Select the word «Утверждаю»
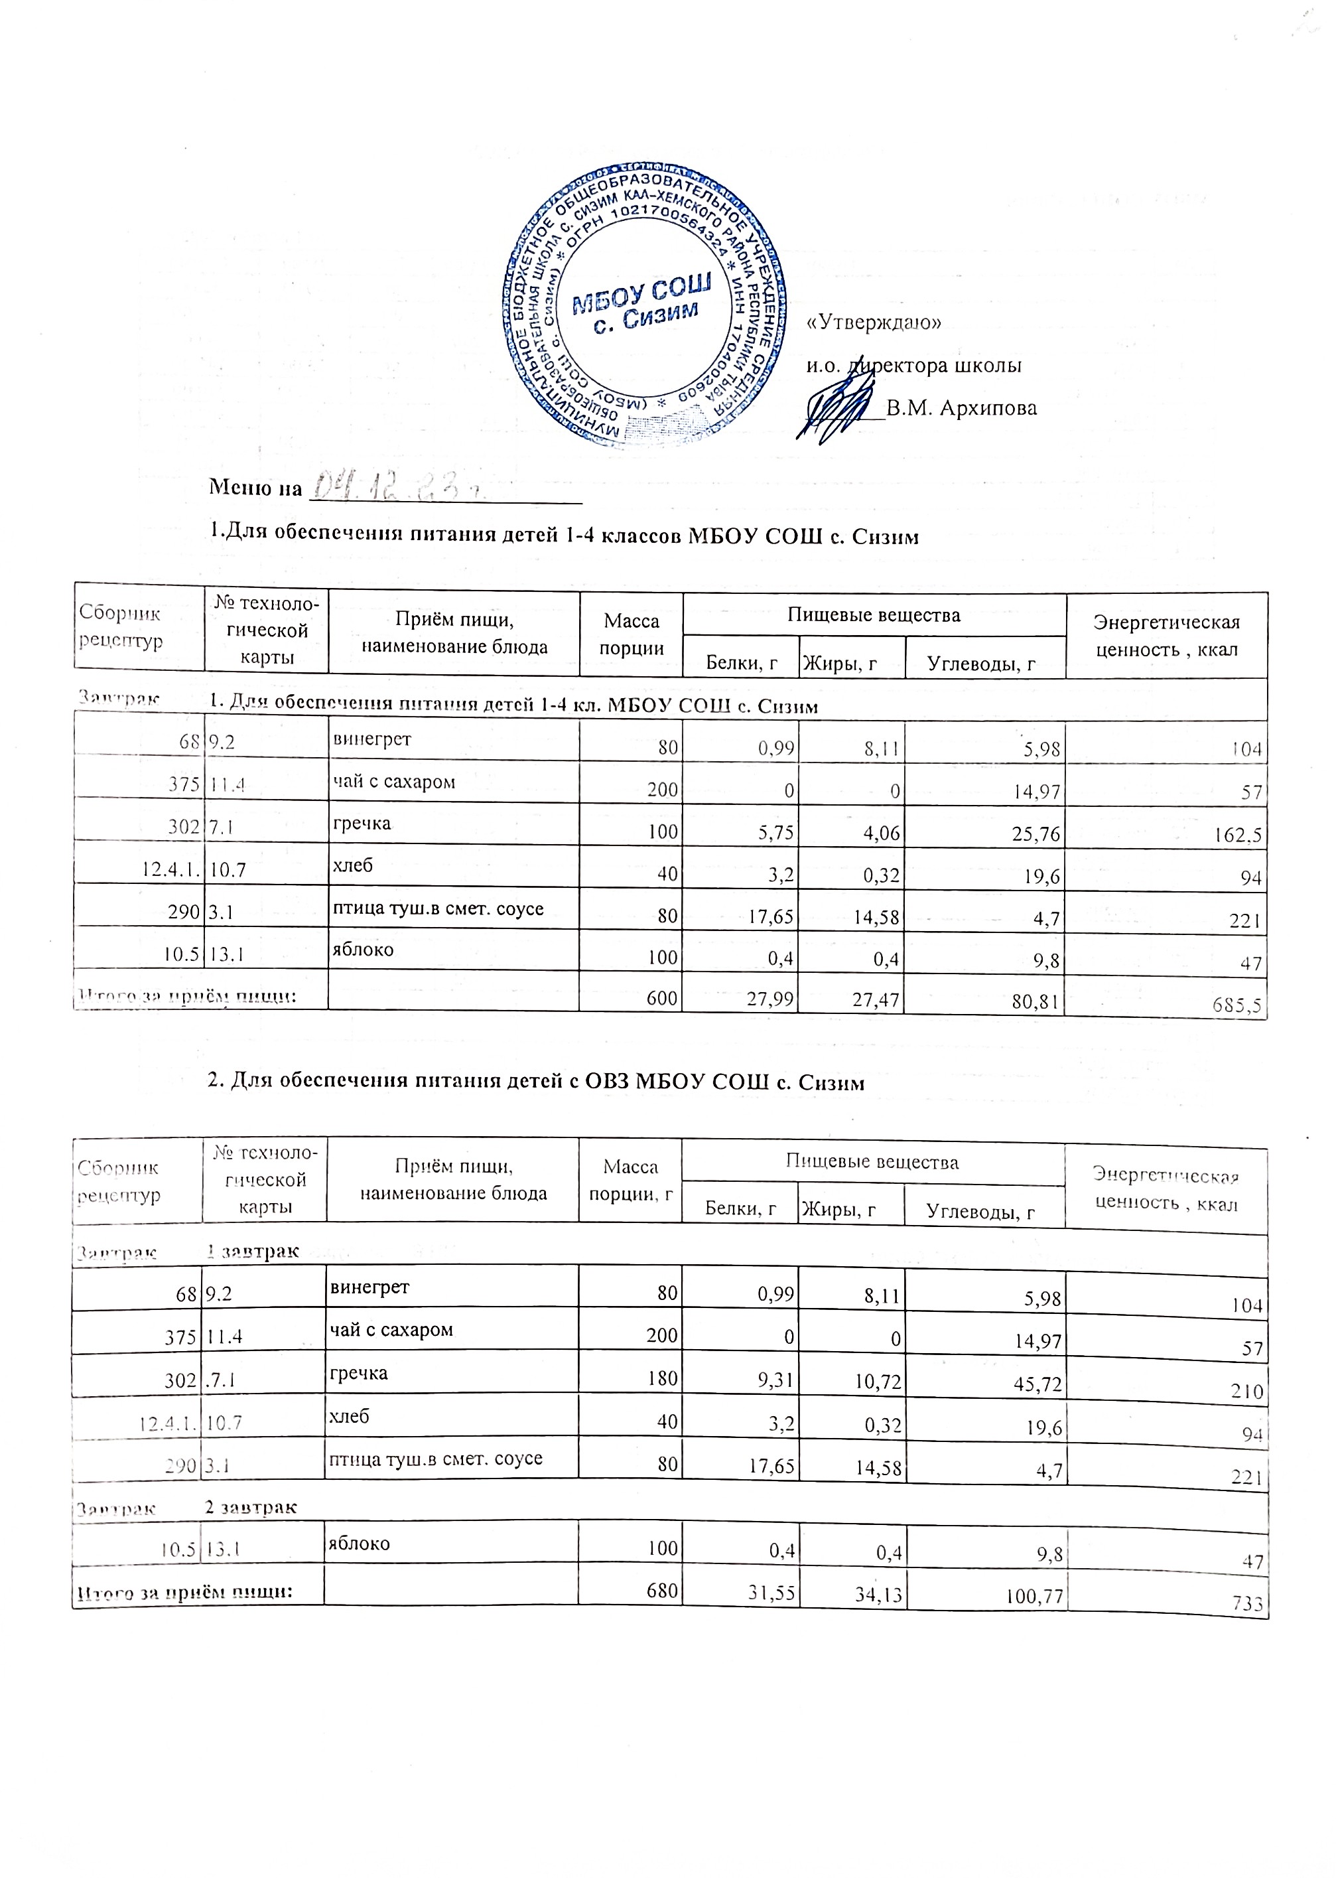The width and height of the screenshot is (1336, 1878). [874, 323]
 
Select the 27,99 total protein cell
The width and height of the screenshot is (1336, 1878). [769, 1000]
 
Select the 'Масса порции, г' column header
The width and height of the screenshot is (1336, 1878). [631, 1180]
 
